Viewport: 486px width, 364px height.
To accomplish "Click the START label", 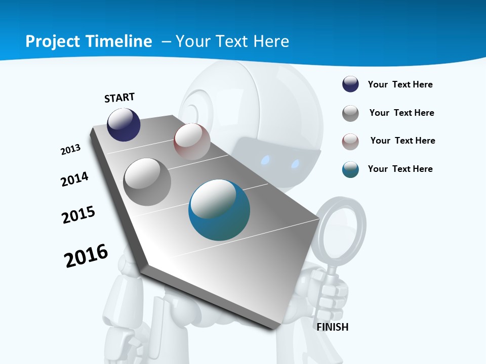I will coord(119,97).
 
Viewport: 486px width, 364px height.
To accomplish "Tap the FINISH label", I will coord(332,327).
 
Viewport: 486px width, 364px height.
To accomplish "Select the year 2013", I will coord(70,150).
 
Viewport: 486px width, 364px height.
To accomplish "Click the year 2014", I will coord(74,179).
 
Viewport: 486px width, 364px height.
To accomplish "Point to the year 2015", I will coord(78,215).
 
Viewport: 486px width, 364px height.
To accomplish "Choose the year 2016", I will coord(86,256).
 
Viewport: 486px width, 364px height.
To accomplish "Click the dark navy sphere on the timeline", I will coord(124,124).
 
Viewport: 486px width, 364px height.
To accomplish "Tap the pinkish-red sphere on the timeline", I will coord(192,142).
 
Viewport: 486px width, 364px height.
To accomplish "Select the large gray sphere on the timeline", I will coord(147,181).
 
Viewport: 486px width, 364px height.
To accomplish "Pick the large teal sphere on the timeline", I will coord(219,210).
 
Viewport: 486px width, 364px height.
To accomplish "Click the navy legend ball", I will coord(350,84).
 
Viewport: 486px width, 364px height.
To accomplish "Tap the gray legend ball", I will coord(350,113).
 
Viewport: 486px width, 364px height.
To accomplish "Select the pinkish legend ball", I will coord(350,142).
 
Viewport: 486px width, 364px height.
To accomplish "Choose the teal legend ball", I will coord(350,169).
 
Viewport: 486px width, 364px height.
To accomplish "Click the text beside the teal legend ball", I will coord(400,169).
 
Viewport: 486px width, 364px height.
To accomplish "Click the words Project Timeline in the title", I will coord(89,41).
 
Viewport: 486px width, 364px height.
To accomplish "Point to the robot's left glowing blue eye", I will coord(264,160).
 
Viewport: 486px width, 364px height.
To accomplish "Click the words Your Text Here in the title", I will coord(232,41).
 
